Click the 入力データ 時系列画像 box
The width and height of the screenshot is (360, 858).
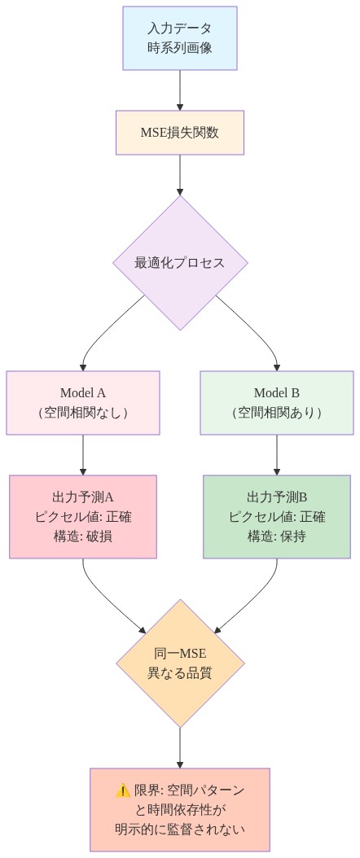tap(180, 38)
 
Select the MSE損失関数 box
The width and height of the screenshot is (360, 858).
tap(180, 133)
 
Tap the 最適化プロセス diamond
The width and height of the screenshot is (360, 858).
tap(180, 263)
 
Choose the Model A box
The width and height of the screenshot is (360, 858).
tap(83, 402)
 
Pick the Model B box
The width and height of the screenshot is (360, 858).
tap(277, 402)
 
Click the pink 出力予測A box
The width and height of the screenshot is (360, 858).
tap(83, 516)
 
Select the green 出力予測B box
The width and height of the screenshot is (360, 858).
tap(277, 516)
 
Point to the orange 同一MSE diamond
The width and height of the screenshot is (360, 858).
tap(180, 663)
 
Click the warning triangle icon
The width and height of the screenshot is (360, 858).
tap(123, 790)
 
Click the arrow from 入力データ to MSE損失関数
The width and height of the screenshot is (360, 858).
tap(180, 90)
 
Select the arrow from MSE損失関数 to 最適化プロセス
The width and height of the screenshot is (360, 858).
tap(180, 174)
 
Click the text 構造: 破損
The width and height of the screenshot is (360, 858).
tap(83, 536)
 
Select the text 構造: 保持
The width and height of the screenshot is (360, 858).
tap(277, 536)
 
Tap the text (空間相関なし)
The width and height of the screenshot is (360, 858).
tap(83, 412)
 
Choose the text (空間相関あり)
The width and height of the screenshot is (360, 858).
tap(277, 412)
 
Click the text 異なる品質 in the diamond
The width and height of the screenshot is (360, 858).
tap(180, 673)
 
